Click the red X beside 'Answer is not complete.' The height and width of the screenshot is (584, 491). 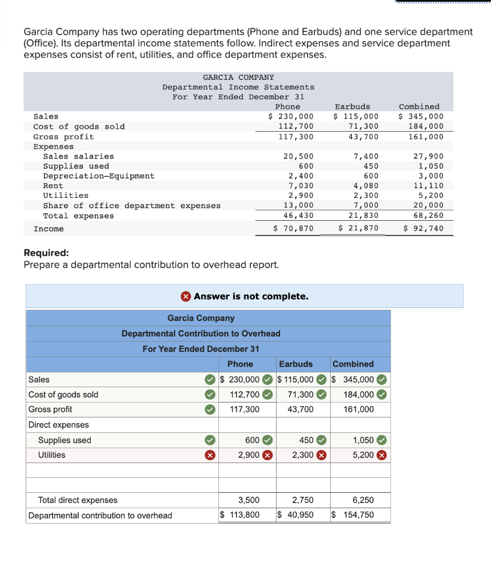[186, 296]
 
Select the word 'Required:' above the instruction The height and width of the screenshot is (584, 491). [47, 253]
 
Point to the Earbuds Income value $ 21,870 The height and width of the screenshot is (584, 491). [359, 229]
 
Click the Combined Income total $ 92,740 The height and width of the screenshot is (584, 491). [423, 229]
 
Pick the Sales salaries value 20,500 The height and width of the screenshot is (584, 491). [298, 156]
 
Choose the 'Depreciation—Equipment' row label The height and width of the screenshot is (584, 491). [99, 176]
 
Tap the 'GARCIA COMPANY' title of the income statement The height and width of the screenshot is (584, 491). [238, 77]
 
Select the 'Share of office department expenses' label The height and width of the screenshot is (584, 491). [132, 205]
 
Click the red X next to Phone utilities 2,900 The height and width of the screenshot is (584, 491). [266, 455]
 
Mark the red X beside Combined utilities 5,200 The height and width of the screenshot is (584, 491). [382, 455]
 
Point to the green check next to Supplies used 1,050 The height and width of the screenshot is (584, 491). [382, 440]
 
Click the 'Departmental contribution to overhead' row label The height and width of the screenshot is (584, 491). [100, 516]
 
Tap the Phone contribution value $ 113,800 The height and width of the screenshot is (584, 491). [240, 515]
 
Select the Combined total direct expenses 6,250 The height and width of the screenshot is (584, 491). [363, 500]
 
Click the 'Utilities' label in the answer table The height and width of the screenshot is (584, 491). [51, 455]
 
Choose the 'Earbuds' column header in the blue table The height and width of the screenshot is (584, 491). [295, 364]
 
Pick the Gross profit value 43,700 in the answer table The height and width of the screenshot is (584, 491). [301, 409]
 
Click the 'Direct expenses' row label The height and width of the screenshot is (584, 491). [59, 425]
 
